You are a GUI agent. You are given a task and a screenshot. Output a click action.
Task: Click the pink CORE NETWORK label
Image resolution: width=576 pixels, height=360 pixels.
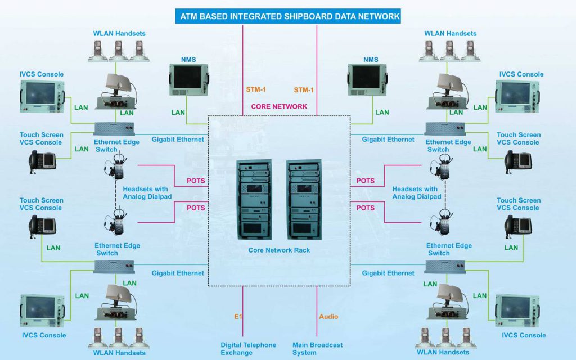pos(279,106)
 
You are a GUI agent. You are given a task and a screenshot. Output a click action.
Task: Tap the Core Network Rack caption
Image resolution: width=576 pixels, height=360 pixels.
pos(280,250)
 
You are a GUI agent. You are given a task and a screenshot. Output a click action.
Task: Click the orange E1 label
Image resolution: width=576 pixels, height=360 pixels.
pos(238,317)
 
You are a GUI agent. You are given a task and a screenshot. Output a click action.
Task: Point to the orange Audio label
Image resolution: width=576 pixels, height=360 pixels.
pos(328,317)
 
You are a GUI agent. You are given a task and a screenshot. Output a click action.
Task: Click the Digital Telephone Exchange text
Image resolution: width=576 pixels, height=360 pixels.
pos(248,349)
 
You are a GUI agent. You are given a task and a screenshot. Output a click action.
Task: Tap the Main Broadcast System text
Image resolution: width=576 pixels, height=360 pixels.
pos(317,349)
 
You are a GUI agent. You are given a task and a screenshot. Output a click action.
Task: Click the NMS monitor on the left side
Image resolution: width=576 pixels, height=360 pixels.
pos(188,79)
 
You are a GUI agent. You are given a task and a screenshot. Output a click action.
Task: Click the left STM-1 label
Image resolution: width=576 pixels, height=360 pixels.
pos(256,89)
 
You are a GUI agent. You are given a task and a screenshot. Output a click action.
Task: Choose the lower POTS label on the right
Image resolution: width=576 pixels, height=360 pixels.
pos(366,208)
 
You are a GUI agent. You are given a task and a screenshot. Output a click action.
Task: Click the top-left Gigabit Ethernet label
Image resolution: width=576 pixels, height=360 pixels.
pos(177,139)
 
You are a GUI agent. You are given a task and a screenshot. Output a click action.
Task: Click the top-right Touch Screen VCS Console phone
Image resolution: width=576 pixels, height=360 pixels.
pos(518,160)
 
